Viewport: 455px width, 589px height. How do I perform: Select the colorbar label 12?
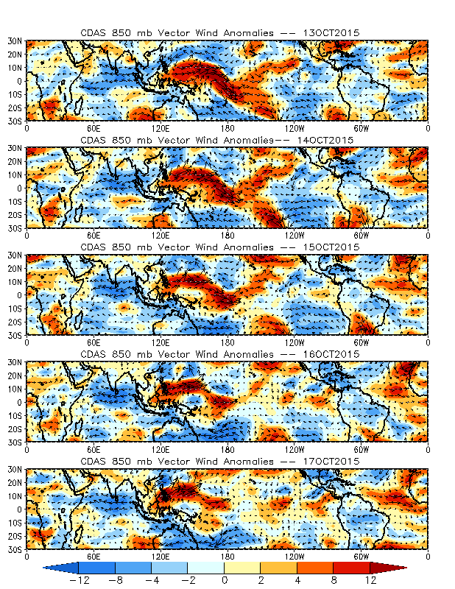[x=370, y=580]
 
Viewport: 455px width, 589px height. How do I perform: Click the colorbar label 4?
[x=297, y=580]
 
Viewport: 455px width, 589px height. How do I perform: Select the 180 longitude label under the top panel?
[x=227, y=126]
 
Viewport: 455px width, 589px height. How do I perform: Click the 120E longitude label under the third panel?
[x=161, y=341]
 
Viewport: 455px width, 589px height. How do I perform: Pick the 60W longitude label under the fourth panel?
[x=361, y=448]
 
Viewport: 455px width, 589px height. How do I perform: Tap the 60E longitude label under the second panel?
[x=94, y=234]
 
